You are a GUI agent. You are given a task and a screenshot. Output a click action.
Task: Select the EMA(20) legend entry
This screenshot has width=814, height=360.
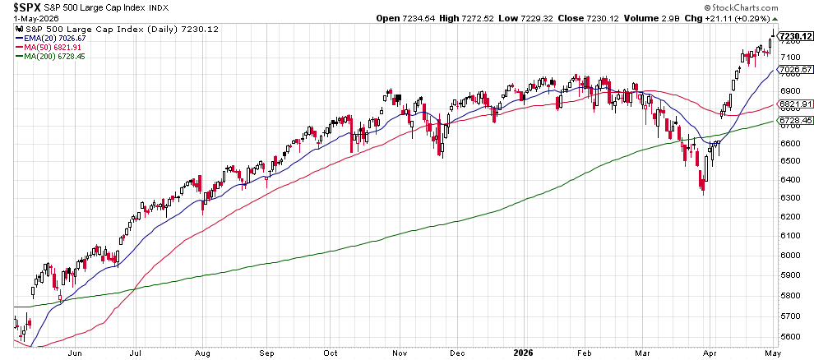point(50,39)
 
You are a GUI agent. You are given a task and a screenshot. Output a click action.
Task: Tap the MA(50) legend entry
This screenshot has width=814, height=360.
point(49,47)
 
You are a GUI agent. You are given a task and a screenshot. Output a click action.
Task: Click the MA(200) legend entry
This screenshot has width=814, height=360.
point(50,56)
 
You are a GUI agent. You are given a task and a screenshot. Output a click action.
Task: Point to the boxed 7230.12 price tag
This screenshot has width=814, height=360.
point(797,36)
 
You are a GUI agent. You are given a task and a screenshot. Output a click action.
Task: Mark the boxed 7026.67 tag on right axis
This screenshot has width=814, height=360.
point(797,69)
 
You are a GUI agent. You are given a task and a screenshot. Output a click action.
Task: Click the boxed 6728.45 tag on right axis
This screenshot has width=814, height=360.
point(797,120)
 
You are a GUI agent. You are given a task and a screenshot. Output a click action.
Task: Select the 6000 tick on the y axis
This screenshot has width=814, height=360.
point(789,256)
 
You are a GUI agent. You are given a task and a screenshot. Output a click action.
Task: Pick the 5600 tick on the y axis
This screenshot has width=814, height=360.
point(789,336)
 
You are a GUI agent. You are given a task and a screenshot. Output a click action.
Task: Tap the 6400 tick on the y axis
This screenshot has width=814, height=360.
point(789,179)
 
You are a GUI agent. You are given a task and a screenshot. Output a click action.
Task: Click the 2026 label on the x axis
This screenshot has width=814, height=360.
point(522,353)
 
